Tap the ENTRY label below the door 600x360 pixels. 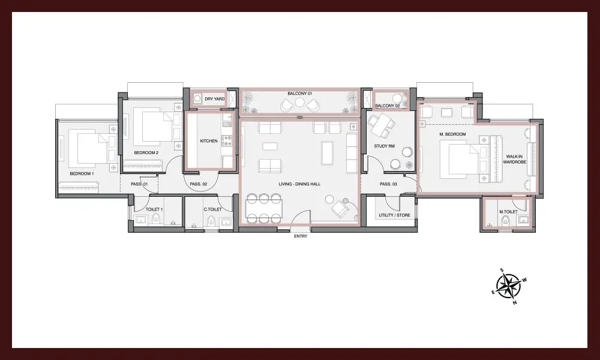point(301,236)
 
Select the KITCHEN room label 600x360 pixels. point(209,141)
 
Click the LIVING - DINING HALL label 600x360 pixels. point(299,184)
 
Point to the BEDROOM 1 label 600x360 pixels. point(82,173)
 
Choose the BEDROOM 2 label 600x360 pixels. point(146,152)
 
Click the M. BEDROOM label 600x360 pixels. point(452,134)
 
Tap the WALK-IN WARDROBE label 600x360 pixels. point(515,159)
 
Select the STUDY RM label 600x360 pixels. point(385,146)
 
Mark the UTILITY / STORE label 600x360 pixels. point(395,215)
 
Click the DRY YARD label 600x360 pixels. point(215,99)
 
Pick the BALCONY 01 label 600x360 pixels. point(300,94)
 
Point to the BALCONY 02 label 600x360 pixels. point(388,106)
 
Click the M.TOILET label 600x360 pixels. point(509,212)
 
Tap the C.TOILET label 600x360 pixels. point(213,209)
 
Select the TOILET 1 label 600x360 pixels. point(154,209)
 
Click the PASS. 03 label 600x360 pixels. point(388,184)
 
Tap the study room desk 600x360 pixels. point(382,125)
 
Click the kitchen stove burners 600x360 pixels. point(227,140)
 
